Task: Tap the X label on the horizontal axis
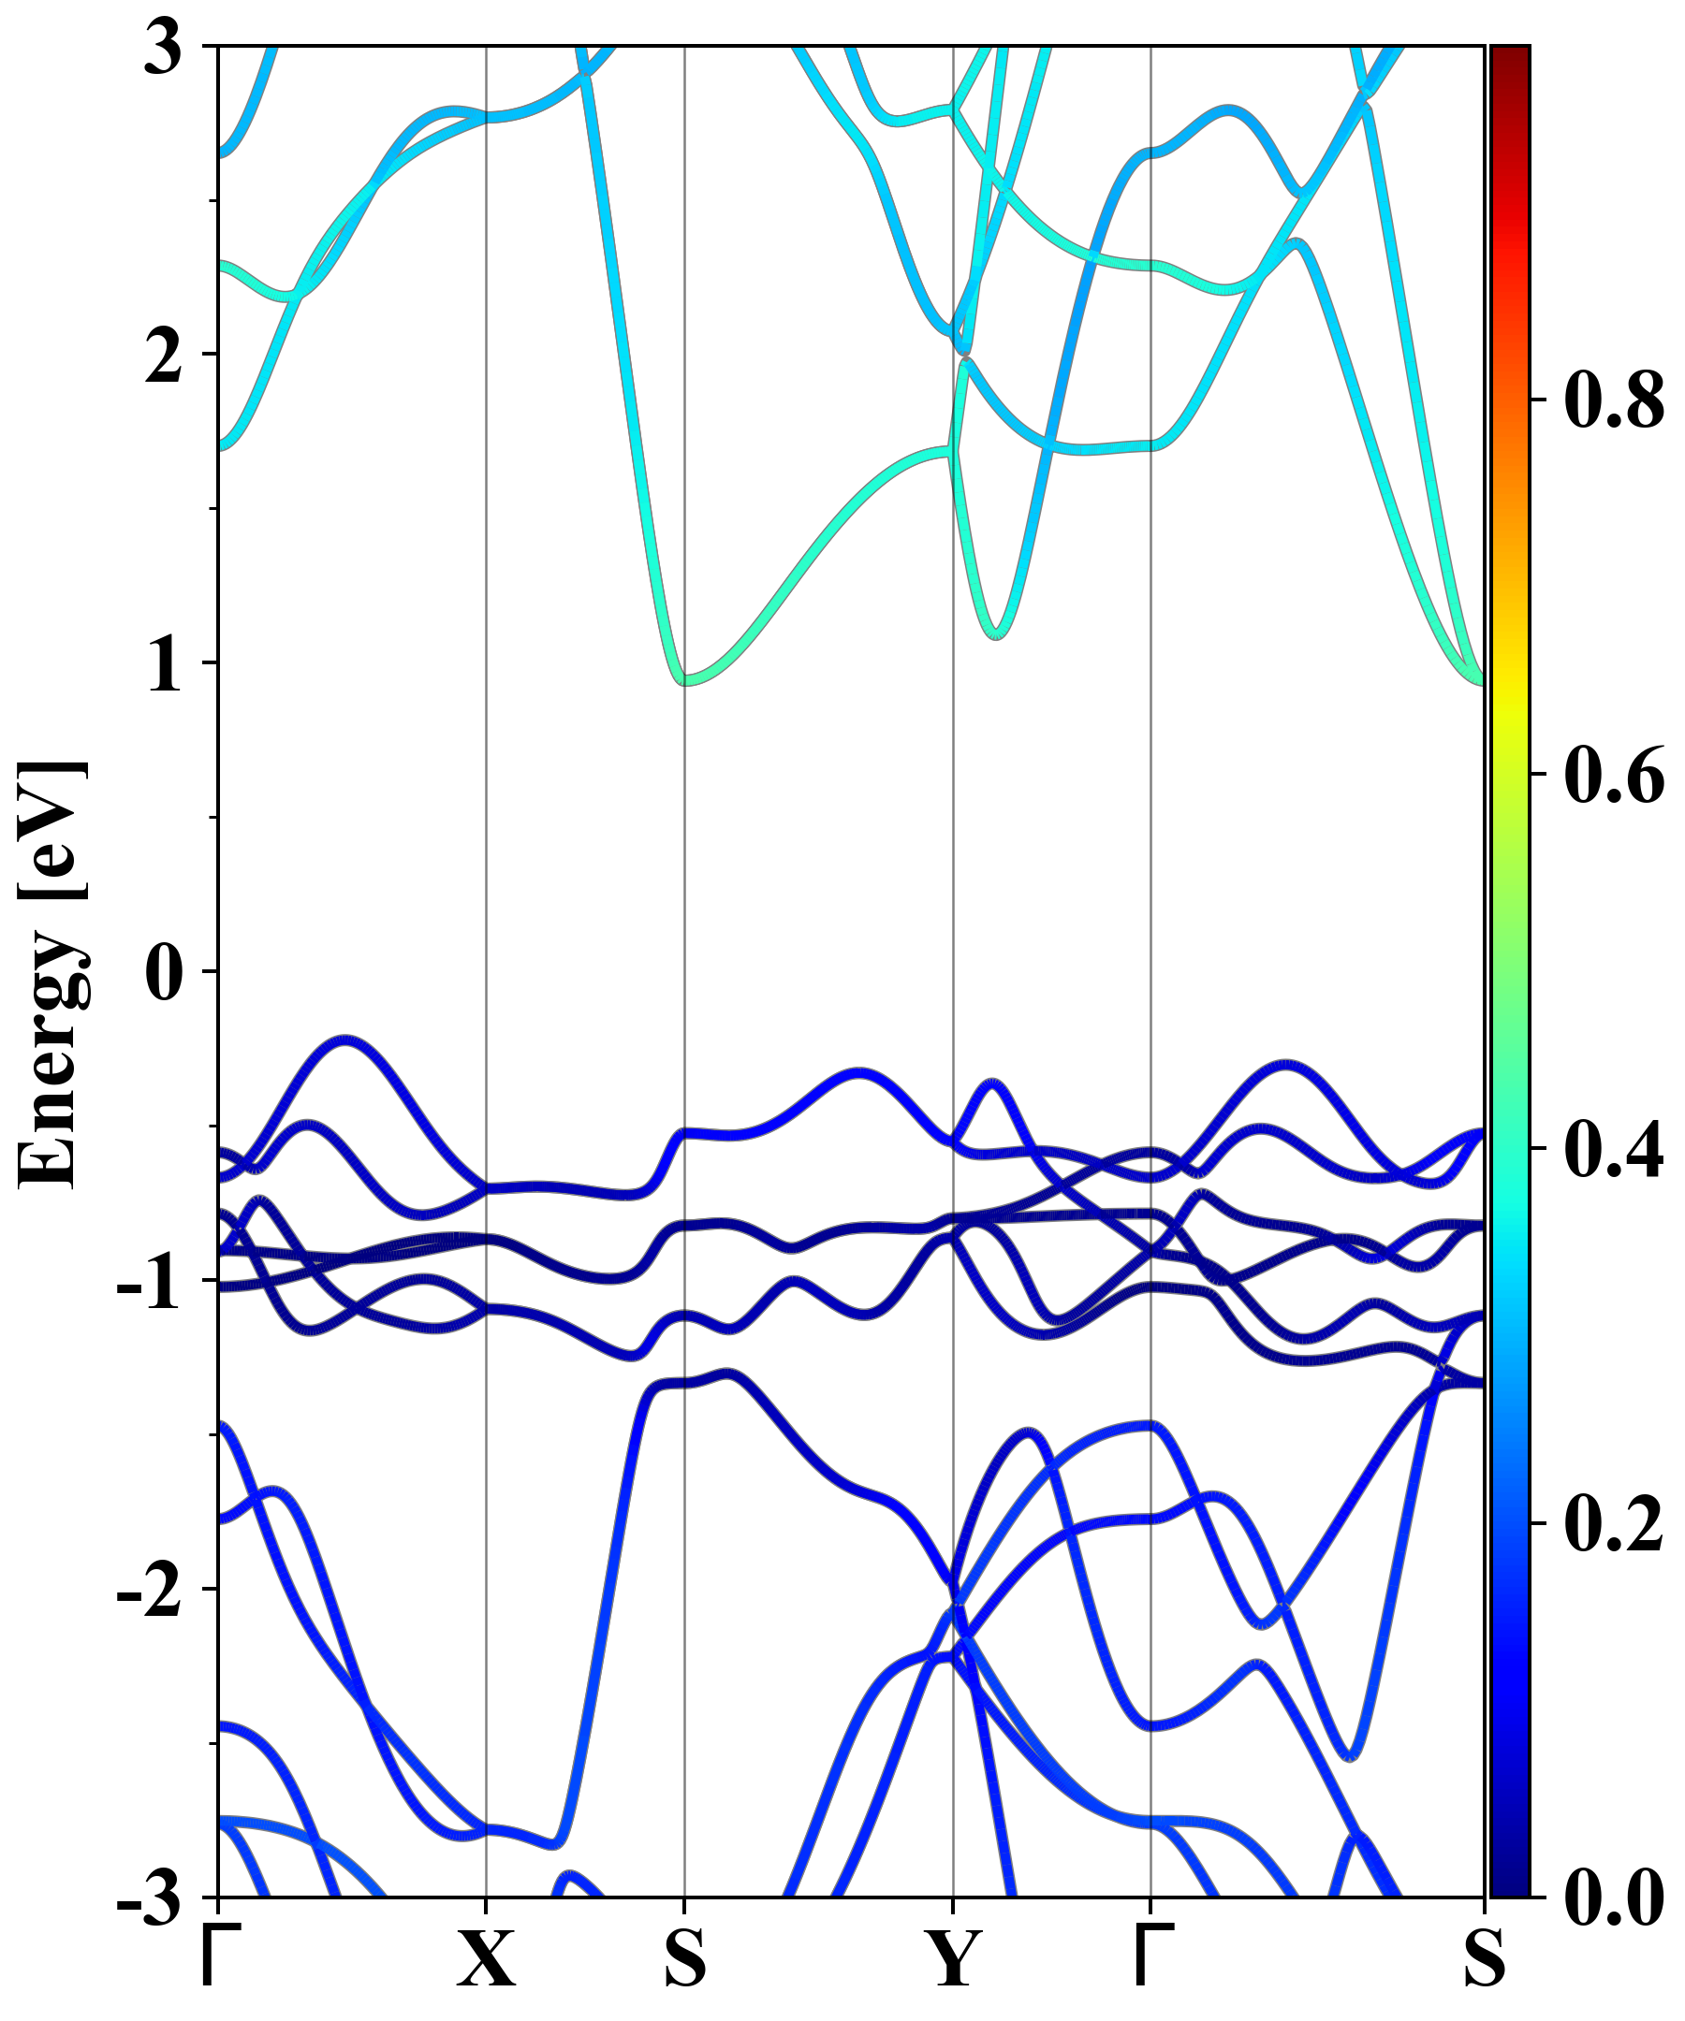[485, 1959]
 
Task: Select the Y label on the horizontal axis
[953, 1959]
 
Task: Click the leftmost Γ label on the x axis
[217, 1957]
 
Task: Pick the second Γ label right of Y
[1152, 1957]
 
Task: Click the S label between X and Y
[684, 1959]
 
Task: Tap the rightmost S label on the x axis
[1484, 1959]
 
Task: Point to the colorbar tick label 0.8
[1614, 399]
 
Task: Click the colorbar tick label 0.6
[1614, 774]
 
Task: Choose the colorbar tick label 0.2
[1614, 1523]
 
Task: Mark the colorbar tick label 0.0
[1614, 1897]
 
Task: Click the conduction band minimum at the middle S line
[685, 681]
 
